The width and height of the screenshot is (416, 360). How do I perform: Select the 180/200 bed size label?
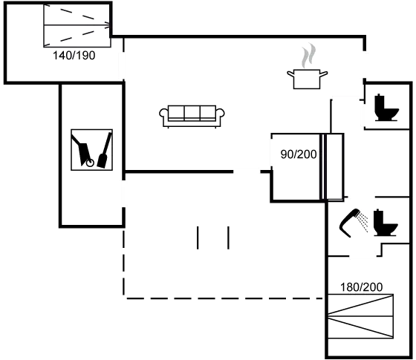(x=361, y=287)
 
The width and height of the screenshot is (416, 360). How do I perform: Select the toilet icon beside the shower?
(x=385, y=226)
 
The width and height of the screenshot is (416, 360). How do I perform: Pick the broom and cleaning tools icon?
(x=91, y=150)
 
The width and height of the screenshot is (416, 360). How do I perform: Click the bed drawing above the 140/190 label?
(x=77, y=24)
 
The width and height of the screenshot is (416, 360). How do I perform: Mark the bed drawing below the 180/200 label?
(x=360, y=317)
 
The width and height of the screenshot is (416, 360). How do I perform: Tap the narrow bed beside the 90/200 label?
(x=331, y=166)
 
